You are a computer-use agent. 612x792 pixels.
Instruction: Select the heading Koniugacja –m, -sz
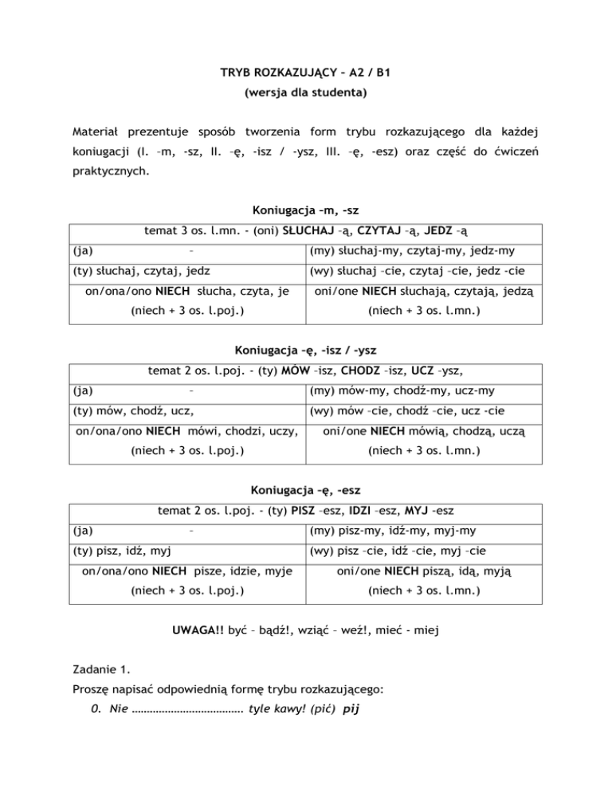coord(305,211)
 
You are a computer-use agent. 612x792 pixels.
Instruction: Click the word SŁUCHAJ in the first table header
coord(304,232)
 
